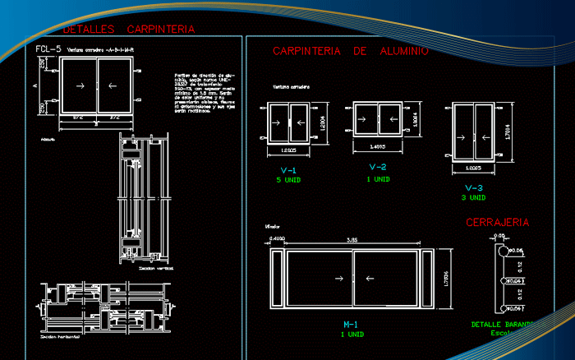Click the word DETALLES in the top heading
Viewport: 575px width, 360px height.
90,30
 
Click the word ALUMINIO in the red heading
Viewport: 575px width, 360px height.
404,51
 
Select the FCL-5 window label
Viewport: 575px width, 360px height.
48,49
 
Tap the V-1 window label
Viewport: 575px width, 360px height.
288,170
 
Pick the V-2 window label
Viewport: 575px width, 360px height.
377,167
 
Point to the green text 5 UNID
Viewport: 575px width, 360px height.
288,179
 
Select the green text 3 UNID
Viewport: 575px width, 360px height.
473,197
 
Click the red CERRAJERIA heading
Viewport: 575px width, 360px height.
497,222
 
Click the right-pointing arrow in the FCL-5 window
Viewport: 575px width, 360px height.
80,85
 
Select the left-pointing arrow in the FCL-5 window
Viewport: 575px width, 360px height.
113,85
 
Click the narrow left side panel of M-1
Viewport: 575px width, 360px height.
277,279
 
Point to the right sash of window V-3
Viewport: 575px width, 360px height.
485,134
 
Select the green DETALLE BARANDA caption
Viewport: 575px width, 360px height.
500,324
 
